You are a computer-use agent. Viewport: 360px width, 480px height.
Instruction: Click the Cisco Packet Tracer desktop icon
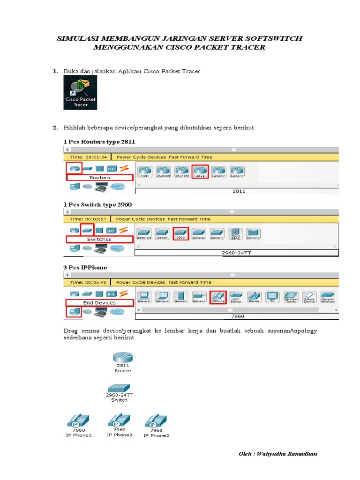[80, 92]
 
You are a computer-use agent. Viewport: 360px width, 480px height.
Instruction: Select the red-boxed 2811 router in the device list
[200, 171]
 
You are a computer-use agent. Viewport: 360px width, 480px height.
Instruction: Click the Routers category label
[100, 178]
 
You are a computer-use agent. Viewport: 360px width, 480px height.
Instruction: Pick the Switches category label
[99, 239]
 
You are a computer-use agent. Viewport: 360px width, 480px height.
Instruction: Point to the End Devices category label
[99, 303]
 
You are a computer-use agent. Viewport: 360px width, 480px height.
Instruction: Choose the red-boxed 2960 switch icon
[180, 233]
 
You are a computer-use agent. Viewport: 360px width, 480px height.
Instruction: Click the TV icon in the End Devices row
[272, 297]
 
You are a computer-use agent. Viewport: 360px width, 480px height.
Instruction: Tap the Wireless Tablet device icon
[291, 297]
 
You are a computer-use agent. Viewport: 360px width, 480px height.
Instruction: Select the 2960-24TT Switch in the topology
[119, 390]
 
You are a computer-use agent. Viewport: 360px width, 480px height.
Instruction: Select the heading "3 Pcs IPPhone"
[85, 267]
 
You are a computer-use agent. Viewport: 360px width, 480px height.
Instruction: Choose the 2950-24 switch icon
[144, 233]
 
